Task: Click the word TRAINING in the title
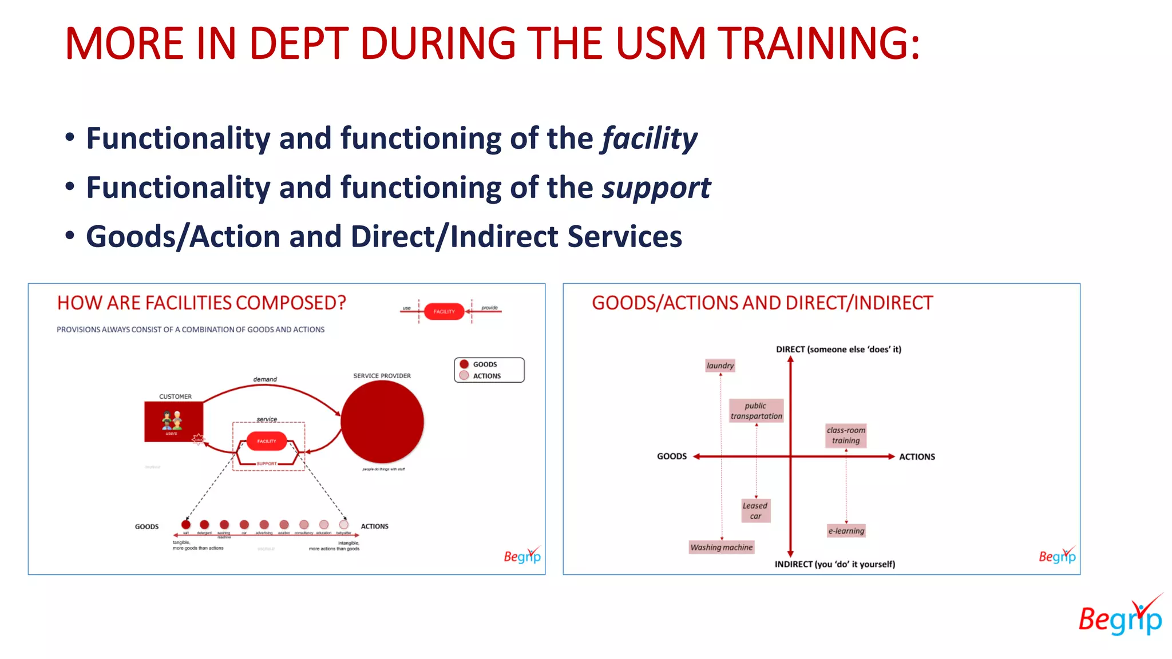click(818, 43)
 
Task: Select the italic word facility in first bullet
click(649, 139)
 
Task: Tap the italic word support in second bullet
click(656, 188)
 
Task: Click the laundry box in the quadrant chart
click(719, 366)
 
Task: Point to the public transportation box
click(756, 411)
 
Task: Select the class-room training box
click(846, 435)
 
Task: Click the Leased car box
click(755, 511)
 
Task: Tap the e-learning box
click(846, 531)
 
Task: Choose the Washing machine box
click(721, 547)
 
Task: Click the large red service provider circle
click(382, 422)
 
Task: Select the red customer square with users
click(173, 422)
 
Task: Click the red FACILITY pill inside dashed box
click(266, 441)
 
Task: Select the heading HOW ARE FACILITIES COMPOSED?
click(201, 303)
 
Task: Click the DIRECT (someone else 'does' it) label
click(838, 350)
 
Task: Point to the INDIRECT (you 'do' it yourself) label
click(834, 564)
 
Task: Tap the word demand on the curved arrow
click(265, 379)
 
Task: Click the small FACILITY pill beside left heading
click(444, 312)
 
